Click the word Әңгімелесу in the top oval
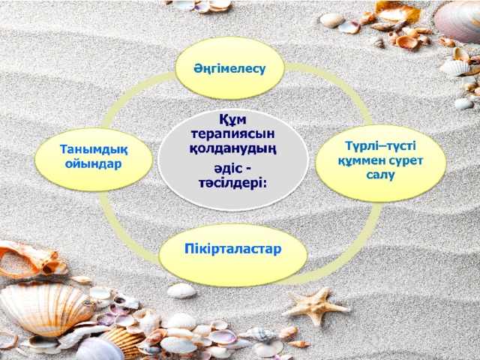tap(229, 69)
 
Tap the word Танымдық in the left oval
tap(94, 150)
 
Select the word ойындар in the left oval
tap(93, 163)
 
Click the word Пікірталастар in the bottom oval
tap(232, 249)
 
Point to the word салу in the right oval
tap(380, 175)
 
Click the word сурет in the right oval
tap(406, 160)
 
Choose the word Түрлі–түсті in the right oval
tap(380, 146)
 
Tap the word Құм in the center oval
tap(232, 119)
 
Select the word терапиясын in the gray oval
tap(232, 134)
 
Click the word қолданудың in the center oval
tap(232, 149)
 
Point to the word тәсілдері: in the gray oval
tap(232, 183)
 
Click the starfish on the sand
tap(314, 305)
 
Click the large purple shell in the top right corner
tap(458, 21)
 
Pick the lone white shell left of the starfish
tap(181, 290)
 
